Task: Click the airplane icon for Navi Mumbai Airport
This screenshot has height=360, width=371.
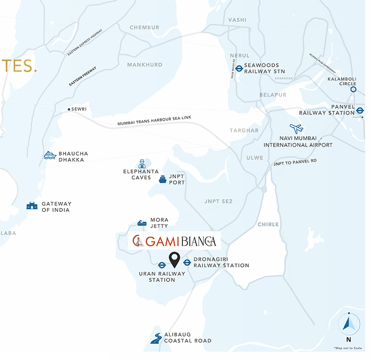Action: point(296,129)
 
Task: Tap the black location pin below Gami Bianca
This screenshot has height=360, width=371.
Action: point(174,260)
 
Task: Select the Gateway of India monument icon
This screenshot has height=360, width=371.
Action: point(32,206)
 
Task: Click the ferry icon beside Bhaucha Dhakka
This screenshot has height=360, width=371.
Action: point(50,155)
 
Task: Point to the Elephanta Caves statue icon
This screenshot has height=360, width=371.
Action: point(142,164)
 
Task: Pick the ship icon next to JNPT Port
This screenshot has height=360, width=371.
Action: point(162,179)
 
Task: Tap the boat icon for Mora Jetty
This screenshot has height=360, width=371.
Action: point(142,223)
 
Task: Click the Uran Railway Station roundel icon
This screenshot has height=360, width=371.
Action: point(162,265)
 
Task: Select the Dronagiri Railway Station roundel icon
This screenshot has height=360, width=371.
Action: point(187,263)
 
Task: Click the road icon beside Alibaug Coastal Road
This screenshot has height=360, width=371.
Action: point(156,339)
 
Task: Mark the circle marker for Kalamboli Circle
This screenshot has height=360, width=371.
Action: point(353,90)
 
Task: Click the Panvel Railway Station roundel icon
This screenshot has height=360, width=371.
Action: point(360,110)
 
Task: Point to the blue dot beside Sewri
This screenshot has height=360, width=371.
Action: point(69,109)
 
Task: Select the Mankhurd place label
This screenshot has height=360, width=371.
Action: point(145,64)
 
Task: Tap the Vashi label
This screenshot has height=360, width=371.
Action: point(237,20)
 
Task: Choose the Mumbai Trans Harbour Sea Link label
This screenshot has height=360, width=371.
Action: point(154,120)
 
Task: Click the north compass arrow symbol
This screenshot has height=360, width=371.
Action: point(349,323)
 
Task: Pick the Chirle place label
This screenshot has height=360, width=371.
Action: point(268,224)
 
